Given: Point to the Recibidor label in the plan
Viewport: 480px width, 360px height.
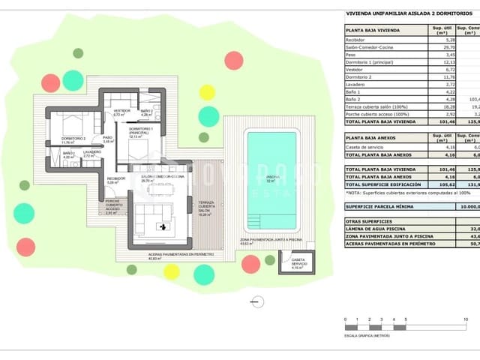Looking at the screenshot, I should click(x=115, y=179).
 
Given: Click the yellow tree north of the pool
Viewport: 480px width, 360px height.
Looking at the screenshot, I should click(x=207, y=92).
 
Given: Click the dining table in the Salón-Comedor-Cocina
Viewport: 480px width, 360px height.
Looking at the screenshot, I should click(x=159, y=189).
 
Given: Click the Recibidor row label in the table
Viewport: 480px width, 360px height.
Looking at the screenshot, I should click(x=358, y=40).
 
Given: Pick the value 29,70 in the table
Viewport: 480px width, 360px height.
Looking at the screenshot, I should click(x=441, y=47).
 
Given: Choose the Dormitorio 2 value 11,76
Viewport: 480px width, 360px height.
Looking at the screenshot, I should click(x=440, y=76).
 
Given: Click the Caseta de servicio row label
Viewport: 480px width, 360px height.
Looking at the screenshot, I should click(x=367, y=148).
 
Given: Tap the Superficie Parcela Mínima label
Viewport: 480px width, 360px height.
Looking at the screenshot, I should click(x=379, y=205).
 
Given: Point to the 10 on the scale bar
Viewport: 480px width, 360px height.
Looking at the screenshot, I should click(x=466, y=320).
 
